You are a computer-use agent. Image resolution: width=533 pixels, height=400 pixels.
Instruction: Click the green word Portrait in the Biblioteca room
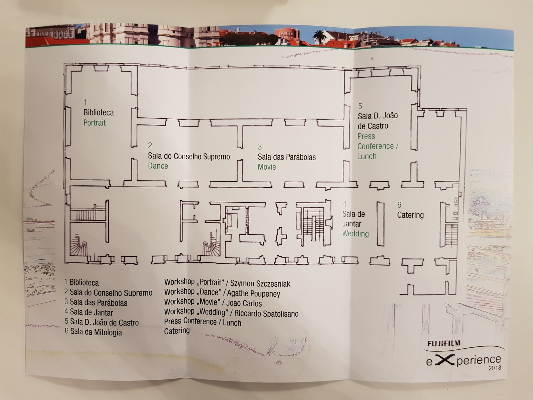click(94, 123)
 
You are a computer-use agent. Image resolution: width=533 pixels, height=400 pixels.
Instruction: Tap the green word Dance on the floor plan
click(158, 166)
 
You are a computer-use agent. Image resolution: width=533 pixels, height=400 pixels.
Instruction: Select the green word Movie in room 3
click(266, 167)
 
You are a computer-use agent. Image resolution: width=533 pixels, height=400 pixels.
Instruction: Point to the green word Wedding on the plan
click(355, 234)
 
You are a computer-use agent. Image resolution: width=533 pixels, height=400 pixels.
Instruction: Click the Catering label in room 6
click(410, 215)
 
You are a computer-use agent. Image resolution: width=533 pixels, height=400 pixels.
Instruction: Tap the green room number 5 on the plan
click(360, 106)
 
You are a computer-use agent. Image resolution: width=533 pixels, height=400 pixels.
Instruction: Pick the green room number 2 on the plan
click(150, 145)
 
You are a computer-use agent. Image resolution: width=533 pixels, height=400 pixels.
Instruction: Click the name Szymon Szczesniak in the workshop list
click(260, 284)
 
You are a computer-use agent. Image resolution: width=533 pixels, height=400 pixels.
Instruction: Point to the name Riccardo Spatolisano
click(266, 314)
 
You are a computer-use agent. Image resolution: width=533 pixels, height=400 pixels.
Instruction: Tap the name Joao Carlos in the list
click(244, 303)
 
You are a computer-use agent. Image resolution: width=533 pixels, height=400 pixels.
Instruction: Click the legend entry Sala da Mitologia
click(96, 332)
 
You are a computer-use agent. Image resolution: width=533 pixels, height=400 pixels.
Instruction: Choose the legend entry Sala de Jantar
click(91, 313)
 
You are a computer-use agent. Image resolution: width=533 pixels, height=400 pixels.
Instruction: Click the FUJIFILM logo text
click(444, 343)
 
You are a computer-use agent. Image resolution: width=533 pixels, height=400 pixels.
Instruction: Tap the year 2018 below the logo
click(494, 368)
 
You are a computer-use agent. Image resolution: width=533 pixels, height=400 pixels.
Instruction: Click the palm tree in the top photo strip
click(319, 36)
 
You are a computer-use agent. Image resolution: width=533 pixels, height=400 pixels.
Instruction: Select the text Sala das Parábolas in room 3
click(286, 157)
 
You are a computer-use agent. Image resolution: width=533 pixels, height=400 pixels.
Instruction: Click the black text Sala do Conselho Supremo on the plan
click(189, 156)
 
